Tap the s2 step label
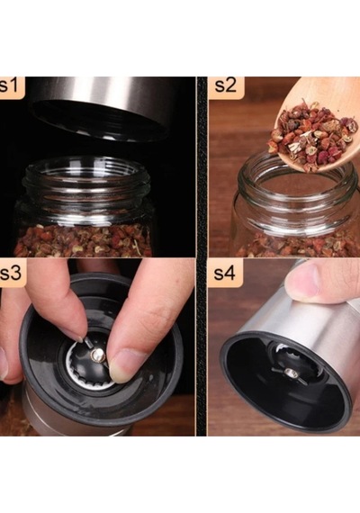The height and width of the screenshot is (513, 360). click(226, 85)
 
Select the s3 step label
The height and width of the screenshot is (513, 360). click(11, 274)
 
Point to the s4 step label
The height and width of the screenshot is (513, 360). click(224, 274)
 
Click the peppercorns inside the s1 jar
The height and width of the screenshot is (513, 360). click(84, 240)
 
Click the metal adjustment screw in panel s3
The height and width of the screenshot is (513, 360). click(97, 355)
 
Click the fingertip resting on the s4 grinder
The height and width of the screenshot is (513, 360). click(302, 283)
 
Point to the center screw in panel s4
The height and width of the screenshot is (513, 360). click(289, 372)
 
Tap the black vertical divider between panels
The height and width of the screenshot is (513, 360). click(202, 256)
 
